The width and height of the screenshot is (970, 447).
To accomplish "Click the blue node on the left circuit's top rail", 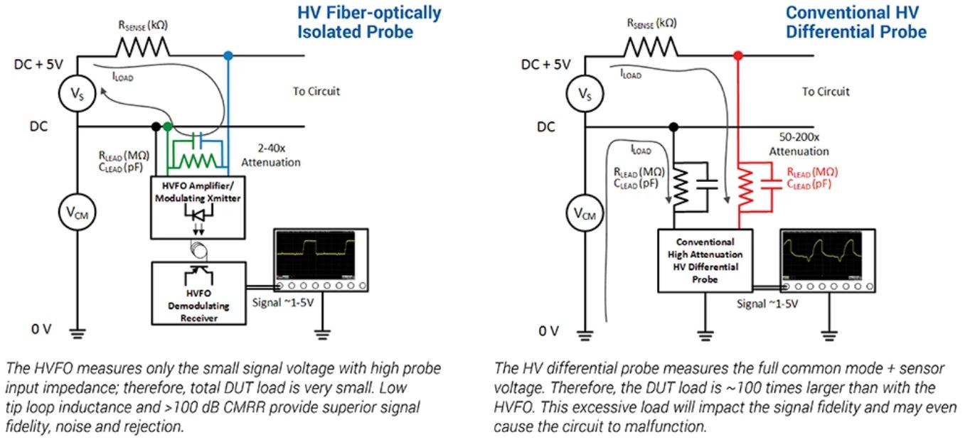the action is coord(228,55).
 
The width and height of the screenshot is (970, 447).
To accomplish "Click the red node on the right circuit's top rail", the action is coord(738,55).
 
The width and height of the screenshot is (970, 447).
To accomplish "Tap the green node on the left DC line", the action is coord(168,126).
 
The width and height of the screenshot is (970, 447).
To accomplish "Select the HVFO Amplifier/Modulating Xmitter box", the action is coord(198,208).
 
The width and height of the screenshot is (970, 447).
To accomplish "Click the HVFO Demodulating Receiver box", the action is coord(198,293).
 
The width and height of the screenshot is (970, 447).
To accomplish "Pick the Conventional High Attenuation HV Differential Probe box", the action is coord(705,261).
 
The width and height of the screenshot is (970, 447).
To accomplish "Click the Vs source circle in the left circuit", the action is coord(77,94).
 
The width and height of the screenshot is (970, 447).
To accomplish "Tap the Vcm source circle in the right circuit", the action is coord(585,213).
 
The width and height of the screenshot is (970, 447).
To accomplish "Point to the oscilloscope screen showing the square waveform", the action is coord(316,255).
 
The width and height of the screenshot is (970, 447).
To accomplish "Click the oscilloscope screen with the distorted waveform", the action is coord(822,256).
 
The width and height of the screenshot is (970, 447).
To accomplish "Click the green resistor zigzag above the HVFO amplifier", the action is coord(198,161).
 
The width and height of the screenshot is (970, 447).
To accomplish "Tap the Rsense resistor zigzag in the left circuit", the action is coord(143,47).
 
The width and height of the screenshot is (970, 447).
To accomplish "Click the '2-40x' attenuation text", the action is coord(272,148).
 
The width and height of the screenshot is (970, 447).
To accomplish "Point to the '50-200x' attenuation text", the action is coord(799,136).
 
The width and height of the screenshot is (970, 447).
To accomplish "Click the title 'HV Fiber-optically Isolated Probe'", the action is coord(369,22).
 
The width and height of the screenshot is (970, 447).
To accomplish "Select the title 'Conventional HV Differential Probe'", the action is coord(856,22).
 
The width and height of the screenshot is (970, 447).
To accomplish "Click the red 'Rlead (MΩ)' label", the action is coord(812,172).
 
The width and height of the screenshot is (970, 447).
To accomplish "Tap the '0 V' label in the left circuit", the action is coord(41,329).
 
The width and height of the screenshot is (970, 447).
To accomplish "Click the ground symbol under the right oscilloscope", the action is coord(829,335).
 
